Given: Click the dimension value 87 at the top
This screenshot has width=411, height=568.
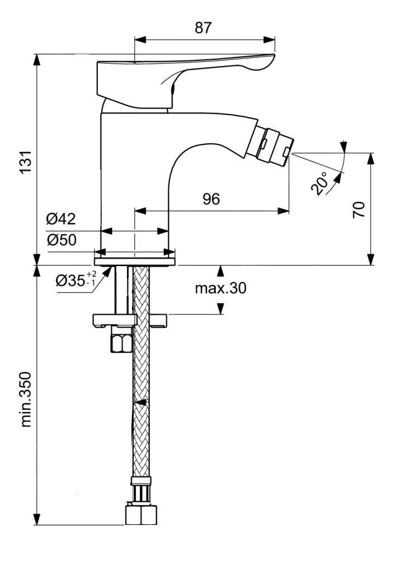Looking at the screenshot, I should coord(204,27).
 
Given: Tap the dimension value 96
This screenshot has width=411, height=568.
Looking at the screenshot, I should coord(211,199).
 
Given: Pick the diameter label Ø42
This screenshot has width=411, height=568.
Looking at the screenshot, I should coord(61,219).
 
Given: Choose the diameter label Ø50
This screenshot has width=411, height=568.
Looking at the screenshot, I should coord(61,240).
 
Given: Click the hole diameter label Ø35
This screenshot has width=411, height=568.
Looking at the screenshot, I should coord(70,281).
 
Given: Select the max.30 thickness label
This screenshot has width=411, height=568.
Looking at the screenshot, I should coord(220,288).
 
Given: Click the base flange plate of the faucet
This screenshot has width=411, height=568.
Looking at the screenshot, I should coord(135,261).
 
